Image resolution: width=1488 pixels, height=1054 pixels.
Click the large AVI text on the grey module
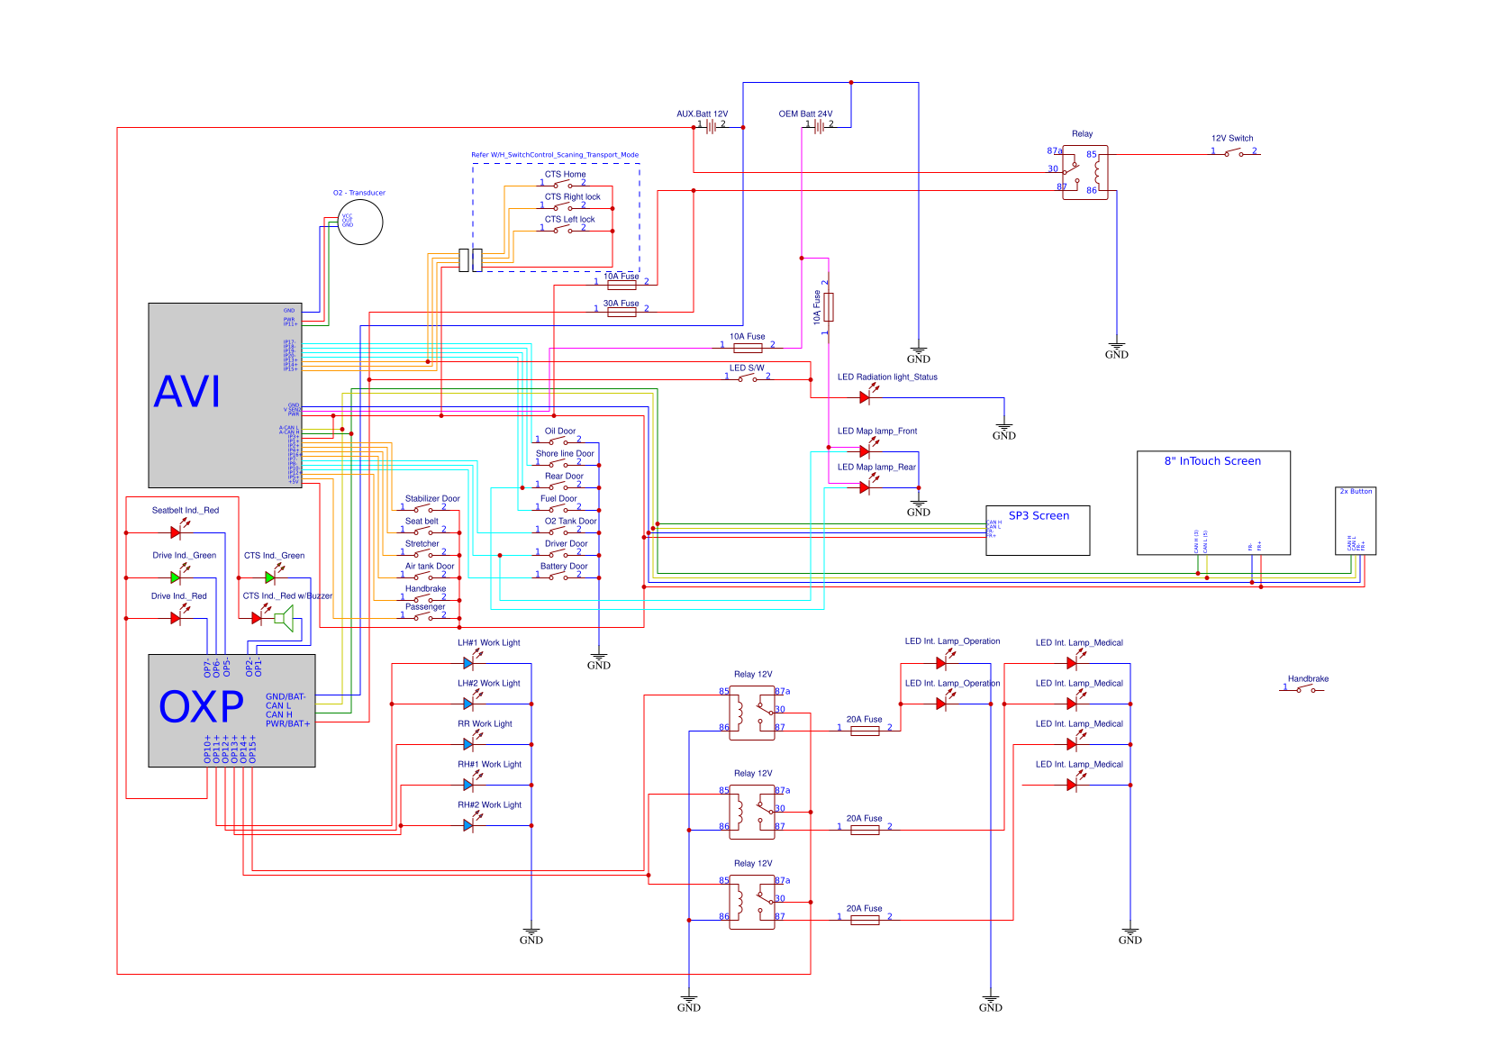click(x=187, y=392)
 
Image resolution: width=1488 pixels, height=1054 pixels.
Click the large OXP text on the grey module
click(x=201, y=707)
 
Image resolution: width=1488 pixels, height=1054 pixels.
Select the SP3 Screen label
click(x=1039, y=516)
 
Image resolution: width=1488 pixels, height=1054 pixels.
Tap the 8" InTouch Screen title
click(x=1212, y=461)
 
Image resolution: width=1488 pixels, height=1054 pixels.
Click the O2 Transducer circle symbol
click(x=360, y=221)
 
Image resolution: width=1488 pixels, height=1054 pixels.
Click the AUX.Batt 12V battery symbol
click(x=711, y=127)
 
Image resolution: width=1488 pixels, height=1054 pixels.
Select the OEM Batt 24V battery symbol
click(x=819, y=127)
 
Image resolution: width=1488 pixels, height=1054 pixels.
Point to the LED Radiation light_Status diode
click(x=865, y=397)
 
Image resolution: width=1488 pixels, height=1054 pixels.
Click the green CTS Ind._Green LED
click(x=270, y=577)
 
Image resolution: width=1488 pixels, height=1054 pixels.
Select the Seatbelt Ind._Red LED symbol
click(x=176, y=532)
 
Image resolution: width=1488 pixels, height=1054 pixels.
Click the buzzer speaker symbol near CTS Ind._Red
click(x=286, y=618)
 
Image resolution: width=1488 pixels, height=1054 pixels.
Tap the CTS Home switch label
click(x=565, y=175)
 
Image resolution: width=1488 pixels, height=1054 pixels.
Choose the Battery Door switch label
click(x=564, y=567)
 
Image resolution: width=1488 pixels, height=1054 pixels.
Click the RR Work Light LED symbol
click(x=468, y=744)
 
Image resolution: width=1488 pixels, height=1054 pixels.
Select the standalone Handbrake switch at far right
click(x=1304, y=689)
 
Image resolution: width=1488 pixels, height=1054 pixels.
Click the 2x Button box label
click(x=1356, y=492)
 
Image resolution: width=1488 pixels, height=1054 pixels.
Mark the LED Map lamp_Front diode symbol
click(x=865, y=451)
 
